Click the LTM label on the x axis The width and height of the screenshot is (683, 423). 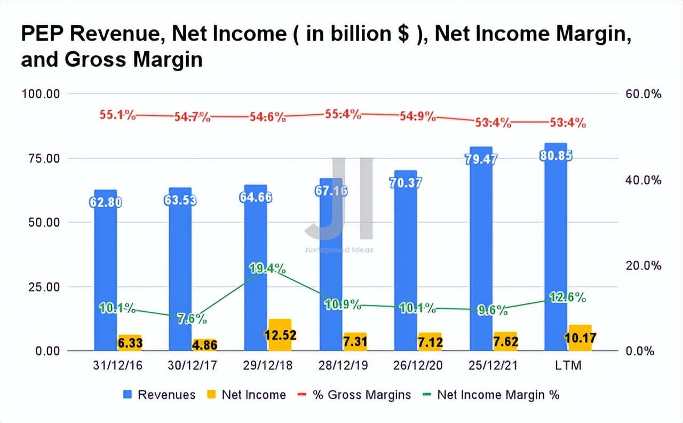[568, 365]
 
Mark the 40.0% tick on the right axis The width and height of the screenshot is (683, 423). [642, 180]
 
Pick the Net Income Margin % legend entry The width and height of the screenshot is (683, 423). [498, 395]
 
